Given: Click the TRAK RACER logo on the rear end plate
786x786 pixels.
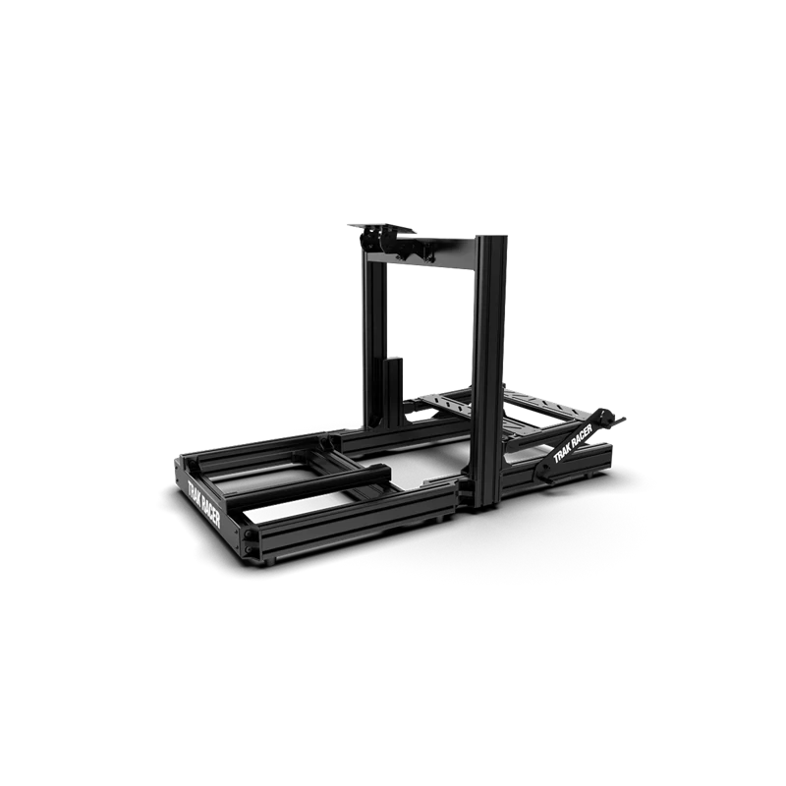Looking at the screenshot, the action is (203, 505).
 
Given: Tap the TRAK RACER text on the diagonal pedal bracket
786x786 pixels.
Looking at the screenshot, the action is (573, 444).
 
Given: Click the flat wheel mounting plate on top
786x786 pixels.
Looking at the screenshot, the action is (382, 228).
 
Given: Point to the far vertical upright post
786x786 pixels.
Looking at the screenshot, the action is (374, 337).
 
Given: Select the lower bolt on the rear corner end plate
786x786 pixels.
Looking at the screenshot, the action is (249, 550).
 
